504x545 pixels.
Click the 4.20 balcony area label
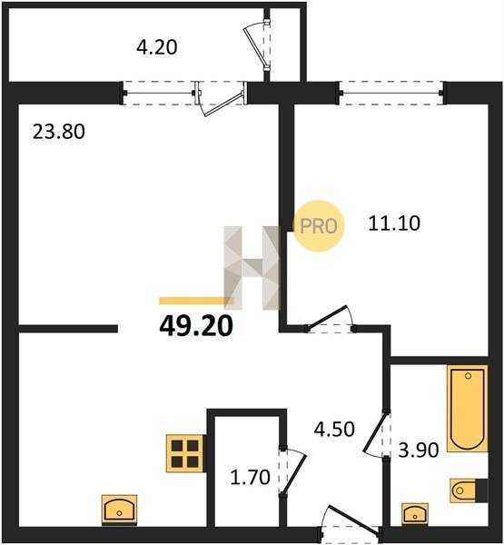[x=157, y=47]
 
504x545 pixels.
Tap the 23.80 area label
[x=59, y=132]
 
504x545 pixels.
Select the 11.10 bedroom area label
[x=394, y=223]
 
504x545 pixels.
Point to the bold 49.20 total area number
[x=196, y=327]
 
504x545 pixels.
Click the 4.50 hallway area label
[x=334, y=429]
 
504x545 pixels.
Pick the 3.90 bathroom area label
[x=418, y=451]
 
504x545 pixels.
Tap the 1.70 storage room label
[x=251, y=477]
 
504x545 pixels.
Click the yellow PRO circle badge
[x=319, y=226]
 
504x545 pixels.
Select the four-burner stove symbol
[x=185, y=453]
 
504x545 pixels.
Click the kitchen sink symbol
[x=119, y=510]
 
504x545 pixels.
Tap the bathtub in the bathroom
[x=468, y=409]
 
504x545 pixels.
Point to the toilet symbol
[x=469, y=490]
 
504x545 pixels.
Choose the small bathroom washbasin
[x=415, y=514]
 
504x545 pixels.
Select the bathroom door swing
[x=377, y=434]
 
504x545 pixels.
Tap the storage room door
[x=293, y=470]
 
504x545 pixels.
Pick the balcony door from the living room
[x=221, y=99]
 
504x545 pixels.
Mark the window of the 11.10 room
[x=391, y=94]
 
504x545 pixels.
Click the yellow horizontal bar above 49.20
[x=195, y=301]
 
